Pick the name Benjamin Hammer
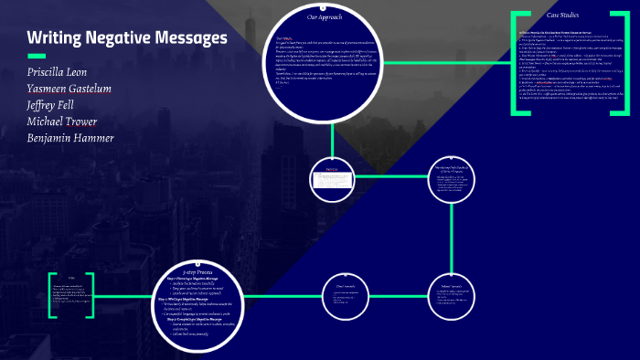(x=70, y=138)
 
